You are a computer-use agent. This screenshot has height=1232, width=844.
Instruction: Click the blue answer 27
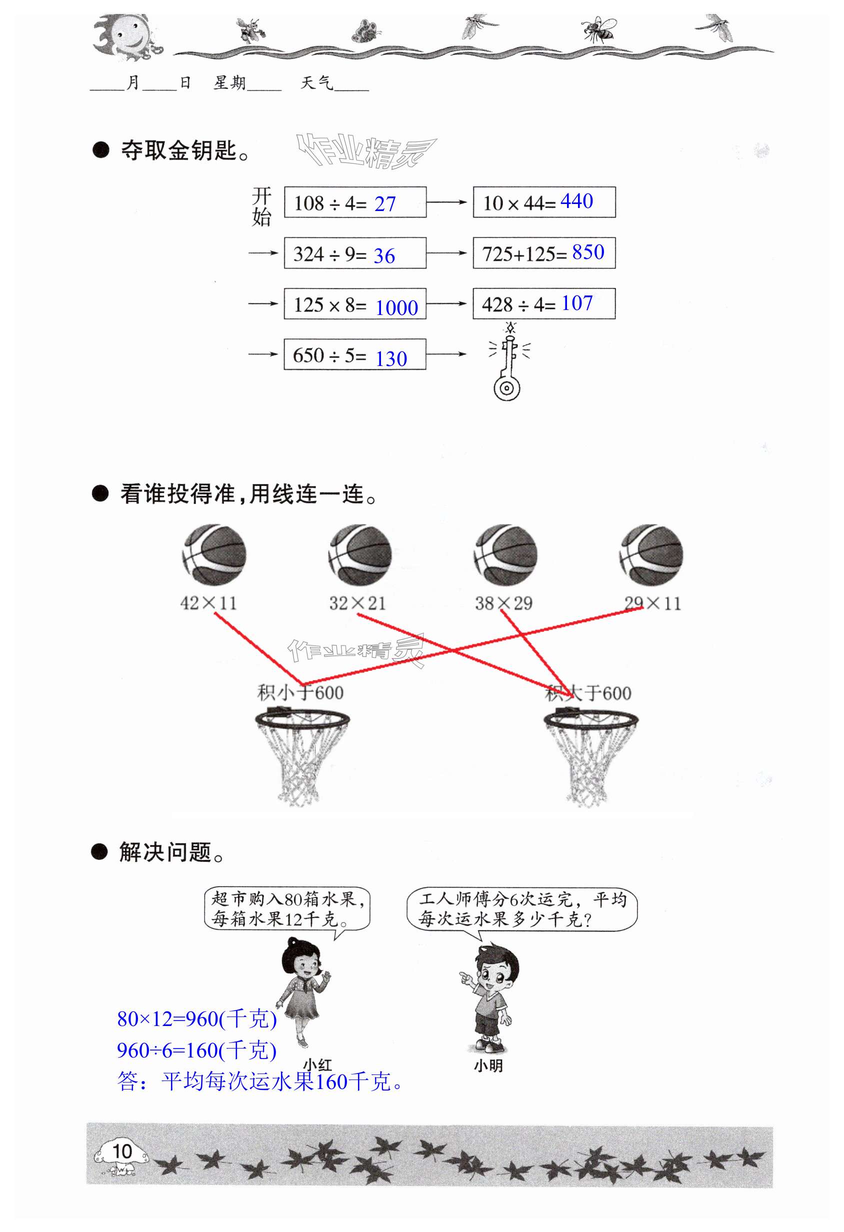click(x=385, y=204)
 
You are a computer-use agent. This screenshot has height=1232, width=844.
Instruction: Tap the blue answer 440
click(x=576, y=201)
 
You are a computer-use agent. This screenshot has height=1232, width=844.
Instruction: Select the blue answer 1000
click(x=396, y=308)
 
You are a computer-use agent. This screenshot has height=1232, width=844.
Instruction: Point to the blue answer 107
click(x=576, y=303)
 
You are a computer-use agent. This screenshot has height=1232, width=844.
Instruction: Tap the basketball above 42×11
click(x=213, y=554)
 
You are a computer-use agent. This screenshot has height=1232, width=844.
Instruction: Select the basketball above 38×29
click(x=504, y=554)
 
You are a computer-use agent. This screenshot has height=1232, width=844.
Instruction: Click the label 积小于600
click(x=300, y=692)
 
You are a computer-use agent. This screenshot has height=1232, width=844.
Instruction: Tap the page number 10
click(x=122, y=1151)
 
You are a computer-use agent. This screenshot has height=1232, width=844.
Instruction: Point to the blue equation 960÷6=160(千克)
click(x=196, y=1050)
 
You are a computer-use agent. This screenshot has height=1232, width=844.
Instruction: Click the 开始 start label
click(x=261, y=206)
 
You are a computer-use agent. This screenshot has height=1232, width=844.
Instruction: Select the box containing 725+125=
click(x=544, y=253)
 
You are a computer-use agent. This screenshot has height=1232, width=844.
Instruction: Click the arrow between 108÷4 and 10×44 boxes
click(x=446, y=202)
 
